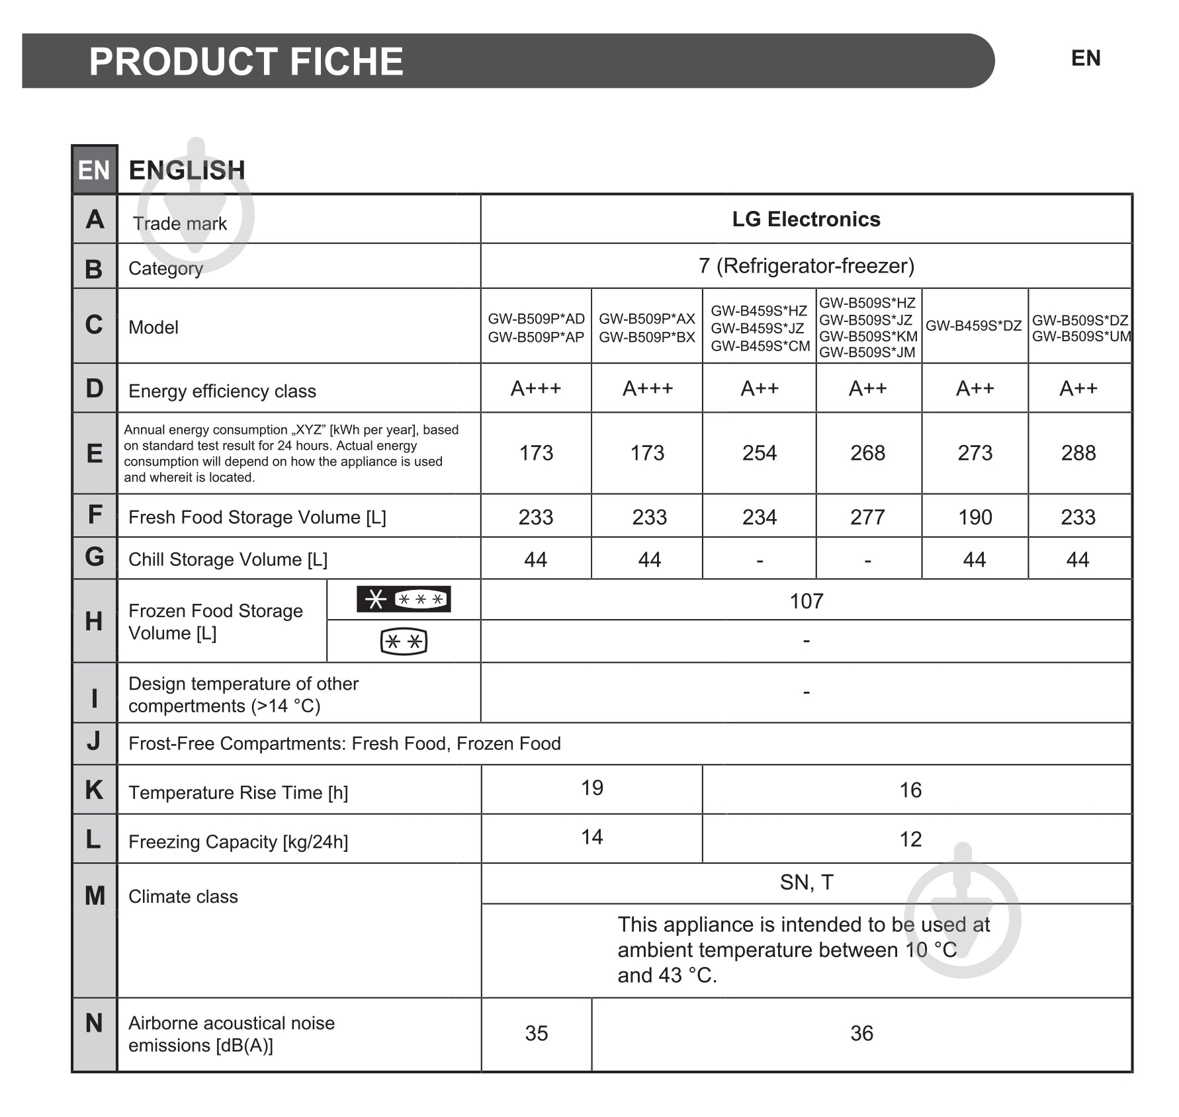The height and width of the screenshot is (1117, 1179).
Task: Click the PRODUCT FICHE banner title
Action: click(x=245, y=62)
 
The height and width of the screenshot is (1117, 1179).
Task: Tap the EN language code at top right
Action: click(x=1085, y=58)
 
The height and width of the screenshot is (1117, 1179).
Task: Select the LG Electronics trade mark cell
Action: click(x=805, y=219)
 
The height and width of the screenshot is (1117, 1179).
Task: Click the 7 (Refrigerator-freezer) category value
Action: click(x=806, y=266)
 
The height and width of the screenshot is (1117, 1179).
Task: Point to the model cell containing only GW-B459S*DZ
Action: click(x=973, y=325)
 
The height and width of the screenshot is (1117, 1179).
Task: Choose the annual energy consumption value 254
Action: click(x=759, y=453)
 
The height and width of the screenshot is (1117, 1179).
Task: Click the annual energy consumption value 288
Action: click(x=1078, y=453)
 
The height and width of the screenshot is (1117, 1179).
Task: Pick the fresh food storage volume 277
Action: click(x=867, y=517)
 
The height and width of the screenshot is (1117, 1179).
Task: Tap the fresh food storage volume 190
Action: click(x=975, y=517)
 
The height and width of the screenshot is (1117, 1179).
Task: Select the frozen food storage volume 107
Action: click(x=806, y=601)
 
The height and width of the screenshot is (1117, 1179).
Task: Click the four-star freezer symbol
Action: click(x=404, y=599)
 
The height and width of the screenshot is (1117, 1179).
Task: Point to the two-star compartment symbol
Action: click(x=404, y=641)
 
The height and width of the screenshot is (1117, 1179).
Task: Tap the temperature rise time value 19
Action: click(x=591, y=788)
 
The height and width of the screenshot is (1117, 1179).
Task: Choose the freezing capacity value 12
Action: click(x=910, y=839)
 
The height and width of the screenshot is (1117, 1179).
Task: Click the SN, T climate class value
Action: click(x=806, y=882)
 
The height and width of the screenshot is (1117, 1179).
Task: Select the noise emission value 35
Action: click(x=536, y=1033)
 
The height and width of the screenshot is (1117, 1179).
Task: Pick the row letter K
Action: click(x=94, y=790)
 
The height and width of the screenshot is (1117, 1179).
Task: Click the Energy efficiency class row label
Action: click(x=222, y=391)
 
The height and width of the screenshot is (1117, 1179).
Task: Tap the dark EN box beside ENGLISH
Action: click(x=94, y=170)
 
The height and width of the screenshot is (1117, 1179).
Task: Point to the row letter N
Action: click(x=94, y=1023)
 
